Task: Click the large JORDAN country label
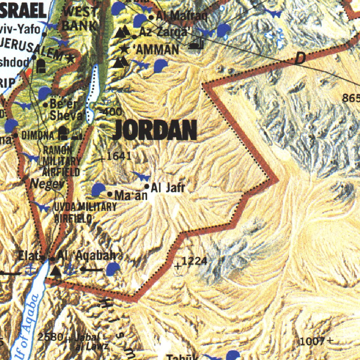[155, 130]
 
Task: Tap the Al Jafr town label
[168, 188]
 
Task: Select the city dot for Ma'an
[110, 194]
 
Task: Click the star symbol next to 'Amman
[124, 49]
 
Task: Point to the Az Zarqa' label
[165, 32]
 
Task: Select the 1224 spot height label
[194, 261]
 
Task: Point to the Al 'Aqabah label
[86, 256]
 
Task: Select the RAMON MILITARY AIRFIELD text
[62, 161]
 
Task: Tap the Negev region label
[47, 183]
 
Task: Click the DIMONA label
[38, 135]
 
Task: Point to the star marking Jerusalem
[70, 59]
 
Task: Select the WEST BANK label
[80, 19]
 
